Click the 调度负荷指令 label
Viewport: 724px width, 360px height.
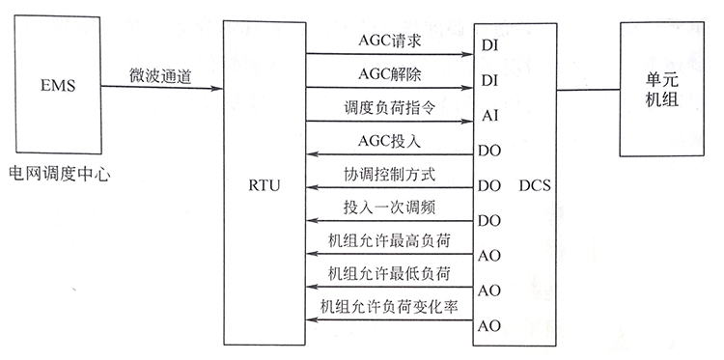pyautogui.click(x=390, y=110)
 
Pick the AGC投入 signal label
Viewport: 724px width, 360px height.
pyautogui.click(x=389, y=143)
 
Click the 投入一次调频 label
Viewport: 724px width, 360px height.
pyautogui.click(x=390, y=208)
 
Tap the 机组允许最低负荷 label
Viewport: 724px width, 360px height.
pyautogui.click(x=390, y=274)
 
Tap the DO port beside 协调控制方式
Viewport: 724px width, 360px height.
pyautogui.click(x=489, y=183)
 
